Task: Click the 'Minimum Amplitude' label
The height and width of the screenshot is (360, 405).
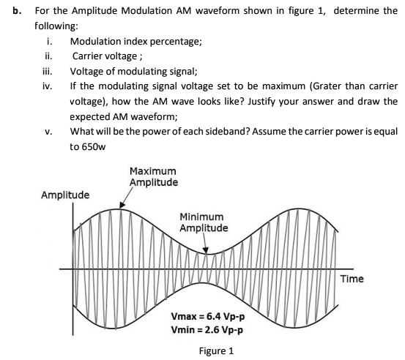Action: click(204, 222)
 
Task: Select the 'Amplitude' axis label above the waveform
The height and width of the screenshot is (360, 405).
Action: click(66, 195)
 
